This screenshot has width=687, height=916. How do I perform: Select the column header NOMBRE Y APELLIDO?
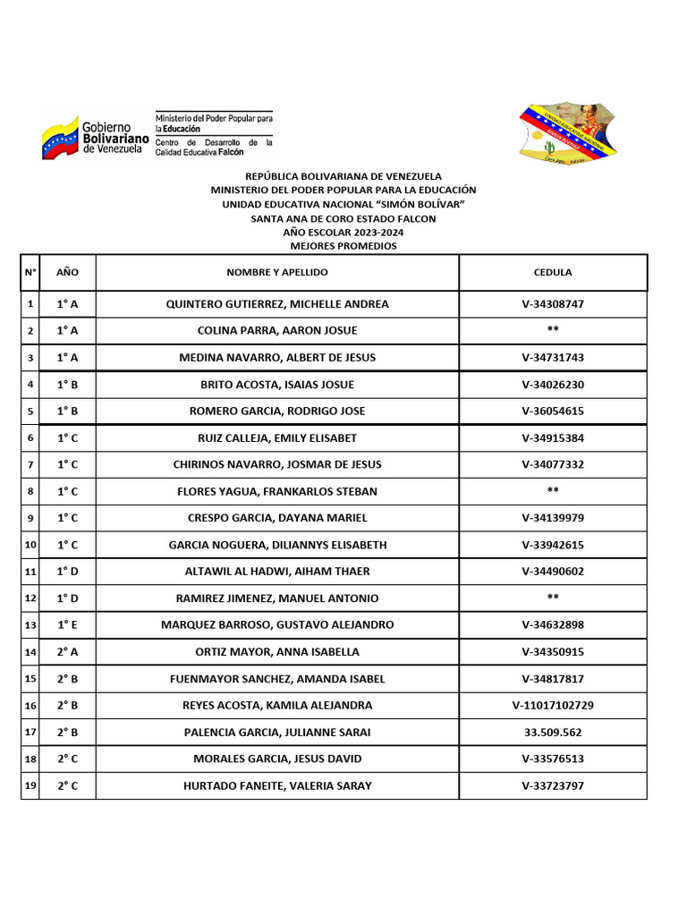coord(277,272)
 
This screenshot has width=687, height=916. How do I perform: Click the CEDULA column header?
coord(553,272)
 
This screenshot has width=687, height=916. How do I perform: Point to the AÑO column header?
coord(67,272)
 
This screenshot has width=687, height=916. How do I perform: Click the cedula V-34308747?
coord(553,304)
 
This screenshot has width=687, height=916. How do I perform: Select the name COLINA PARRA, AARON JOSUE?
coord(277,331)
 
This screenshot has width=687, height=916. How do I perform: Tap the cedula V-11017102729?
coord(553,705)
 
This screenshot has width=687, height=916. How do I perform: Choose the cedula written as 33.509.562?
coord(553,732)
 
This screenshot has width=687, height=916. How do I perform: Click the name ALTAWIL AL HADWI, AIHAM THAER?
coord(277,572)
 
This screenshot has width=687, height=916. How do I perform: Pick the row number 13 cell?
coord(30,624)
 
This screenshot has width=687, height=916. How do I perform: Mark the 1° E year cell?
coord(67,624)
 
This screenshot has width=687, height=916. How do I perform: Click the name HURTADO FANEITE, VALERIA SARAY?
coord(277,785)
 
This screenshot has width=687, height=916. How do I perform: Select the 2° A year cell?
coord(67,651)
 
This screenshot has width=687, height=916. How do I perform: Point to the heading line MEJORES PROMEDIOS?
coord(343,246)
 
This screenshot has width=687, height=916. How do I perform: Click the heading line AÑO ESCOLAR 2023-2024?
coord(343,233)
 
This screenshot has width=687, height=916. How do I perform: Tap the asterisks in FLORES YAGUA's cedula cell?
coord(553,491)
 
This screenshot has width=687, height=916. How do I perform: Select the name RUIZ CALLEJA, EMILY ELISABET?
coord(277,438)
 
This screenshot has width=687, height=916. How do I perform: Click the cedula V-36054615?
coord(553,411)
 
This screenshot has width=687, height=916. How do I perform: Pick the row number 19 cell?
coord(30,785)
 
